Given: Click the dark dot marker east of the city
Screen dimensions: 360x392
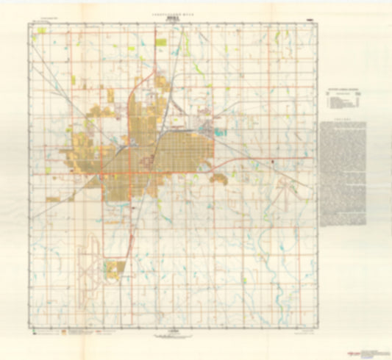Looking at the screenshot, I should pos(274,159).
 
